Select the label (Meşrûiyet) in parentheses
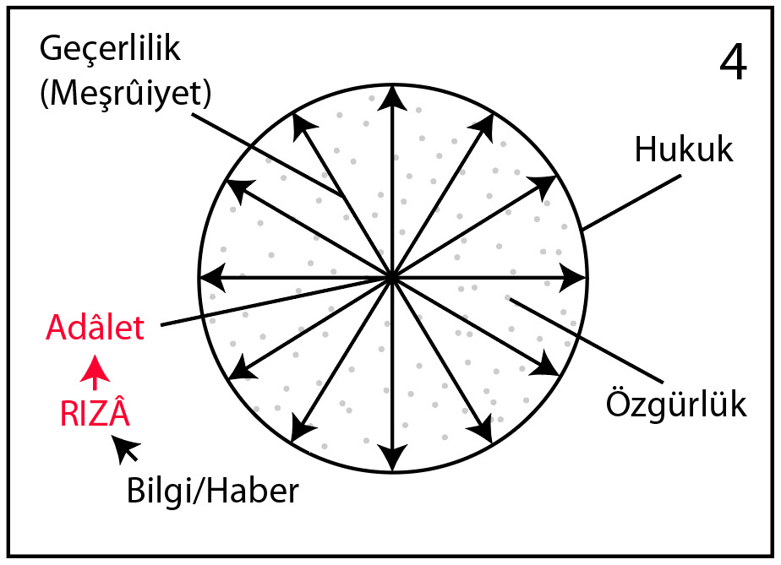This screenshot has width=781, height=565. pyautogui.click(x=125, y=94)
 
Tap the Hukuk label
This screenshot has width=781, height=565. pyautogui.click(x=684, y=149)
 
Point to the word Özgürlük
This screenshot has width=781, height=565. pyautogui.click(x=676, y=405)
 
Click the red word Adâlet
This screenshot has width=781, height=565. pyautogui.click(x=95, y=327)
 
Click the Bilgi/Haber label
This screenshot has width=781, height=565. pyautogui.click(x=213, y=491)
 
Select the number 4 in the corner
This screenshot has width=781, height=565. pyautogui.click(x=733, y=62)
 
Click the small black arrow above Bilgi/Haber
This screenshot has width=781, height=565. pyautogui.click(x=125, y=448)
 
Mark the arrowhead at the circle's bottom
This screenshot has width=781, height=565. pyautogui.click(x=393, y=458)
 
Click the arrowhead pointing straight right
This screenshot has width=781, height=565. pyautogui.click(x=573, y=277)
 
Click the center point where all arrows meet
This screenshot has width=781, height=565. pyautogui.click(x=392, y=278)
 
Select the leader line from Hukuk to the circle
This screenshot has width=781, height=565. pyautogui.click(x=631, y=203)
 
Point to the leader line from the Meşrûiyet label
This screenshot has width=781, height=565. pyautogui.click(x=269, y=156)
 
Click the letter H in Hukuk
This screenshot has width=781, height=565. pyautogui.click(x=646, y=149)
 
